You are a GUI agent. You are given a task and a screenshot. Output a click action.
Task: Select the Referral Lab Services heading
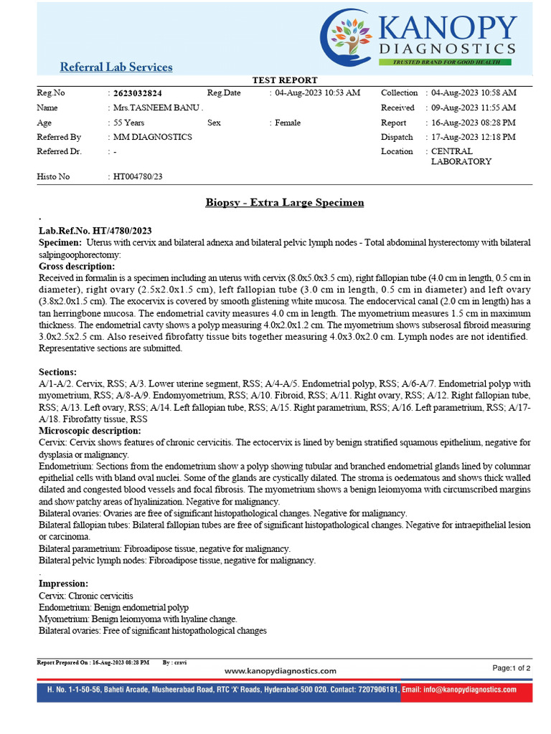(116, 67)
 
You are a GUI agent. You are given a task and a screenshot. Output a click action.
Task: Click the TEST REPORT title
(285, 80)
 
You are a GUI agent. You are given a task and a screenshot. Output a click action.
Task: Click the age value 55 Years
(128, 123)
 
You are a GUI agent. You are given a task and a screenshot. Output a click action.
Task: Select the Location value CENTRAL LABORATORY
(461, 156)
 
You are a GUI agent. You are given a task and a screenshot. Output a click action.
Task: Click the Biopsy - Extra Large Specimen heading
(285, 203)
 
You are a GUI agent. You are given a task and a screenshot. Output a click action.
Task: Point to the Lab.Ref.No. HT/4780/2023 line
(95, 231)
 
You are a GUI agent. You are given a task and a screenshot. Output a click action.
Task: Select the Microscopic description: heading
(90, 431)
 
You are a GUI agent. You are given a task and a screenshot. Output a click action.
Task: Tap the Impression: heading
(64, 584)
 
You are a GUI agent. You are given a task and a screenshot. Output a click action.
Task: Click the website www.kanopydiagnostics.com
(281, 671)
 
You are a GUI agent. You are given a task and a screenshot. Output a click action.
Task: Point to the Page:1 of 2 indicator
(512, 668)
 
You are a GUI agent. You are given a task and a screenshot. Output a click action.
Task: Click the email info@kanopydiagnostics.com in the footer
(459, 690)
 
